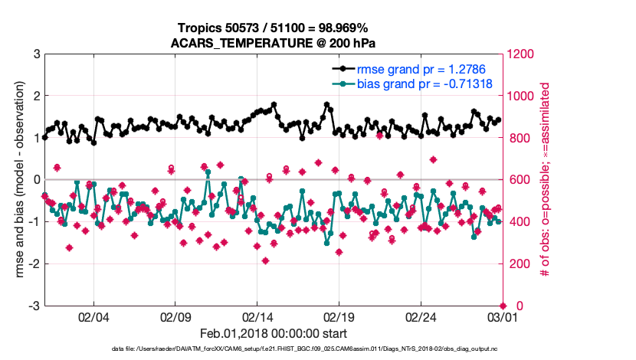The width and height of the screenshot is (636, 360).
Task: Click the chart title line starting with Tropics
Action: click(x=274, y=28)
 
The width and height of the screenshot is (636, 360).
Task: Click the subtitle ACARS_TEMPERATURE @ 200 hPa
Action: click(x=274, y=43)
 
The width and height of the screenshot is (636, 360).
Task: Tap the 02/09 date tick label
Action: click(x=175, y=316)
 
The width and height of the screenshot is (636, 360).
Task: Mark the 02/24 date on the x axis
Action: click(x=421, y=316)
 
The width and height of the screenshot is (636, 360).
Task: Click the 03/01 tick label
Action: click(x=503, y=316)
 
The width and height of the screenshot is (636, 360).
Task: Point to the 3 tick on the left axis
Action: click(x=36, y=54)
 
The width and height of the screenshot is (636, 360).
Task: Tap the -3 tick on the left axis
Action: click(x=34, y=306)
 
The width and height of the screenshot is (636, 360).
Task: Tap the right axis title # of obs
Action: click(x=546, y=180)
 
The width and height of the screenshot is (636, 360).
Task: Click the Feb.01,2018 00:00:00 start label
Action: click(x=274, y=333)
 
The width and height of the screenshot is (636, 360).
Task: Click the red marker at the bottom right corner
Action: click(x=503, y=306)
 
